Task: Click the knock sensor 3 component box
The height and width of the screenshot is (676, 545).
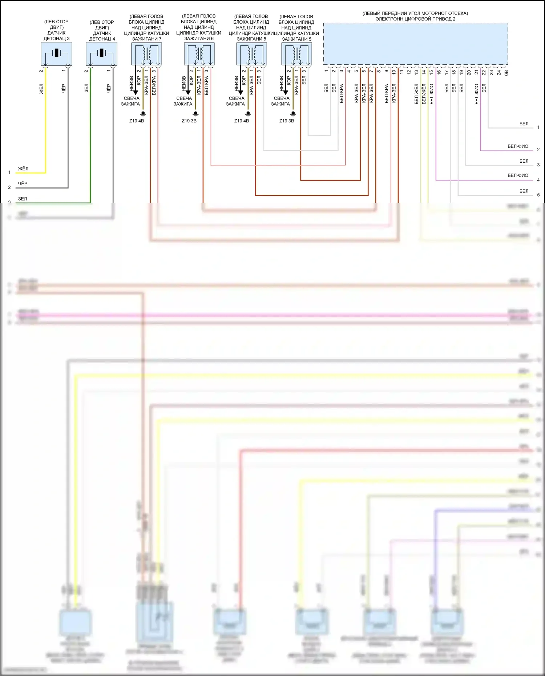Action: click(56, 54)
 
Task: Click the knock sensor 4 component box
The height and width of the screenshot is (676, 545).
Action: click(101, 54)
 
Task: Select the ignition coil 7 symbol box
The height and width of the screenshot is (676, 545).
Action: click(146, 54)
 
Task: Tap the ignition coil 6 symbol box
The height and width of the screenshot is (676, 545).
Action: click(199, 54)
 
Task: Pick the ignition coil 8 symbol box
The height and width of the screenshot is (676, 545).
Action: click(251, 54)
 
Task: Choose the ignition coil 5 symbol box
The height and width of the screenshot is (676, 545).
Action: click(296, 54)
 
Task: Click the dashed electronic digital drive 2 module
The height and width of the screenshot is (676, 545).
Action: click(415, 44)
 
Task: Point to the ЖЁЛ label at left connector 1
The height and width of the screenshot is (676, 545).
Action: click(23, 169)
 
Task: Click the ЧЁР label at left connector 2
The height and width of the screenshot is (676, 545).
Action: click(23, 184)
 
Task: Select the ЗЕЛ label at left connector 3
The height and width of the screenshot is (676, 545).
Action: click(23, 199)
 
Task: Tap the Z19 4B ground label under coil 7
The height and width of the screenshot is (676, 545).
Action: click(137, 121)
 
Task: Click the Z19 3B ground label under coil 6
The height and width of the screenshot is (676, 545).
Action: click(189, 121)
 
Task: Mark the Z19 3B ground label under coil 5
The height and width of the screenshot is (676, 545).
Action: click(287, 121)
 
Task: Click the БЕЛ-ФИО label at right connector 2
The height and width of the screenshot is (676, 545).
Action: click(518, 146)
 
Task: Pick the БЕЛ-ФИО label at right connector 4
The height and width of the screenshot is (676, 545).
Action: click(518, 175)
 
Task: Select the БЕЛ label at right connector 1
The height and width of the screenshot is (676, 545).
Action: click(524, 124)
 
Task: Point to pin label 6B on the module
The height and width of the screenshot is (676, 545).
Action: click(506, 73)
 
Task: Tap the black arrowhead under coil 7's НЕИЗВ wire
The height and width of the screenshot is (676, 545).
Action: click(136, 93)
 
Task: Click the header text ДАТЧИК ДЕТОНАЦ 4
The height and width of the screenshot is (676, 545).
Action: click(102, 36)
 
